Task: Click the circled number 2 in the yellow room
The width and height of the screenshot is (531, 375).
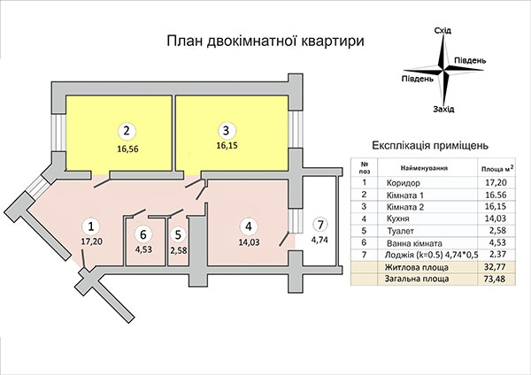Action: click(x=127, y=131)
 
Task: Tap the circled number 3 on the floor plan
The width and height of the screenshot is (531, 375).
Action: click(x=227, y=131)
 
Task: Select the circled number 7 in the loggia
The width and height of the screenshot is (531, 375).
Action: click(x=321, y=225)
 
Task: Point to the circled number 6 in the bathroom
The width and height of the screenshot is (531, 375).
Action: click(x=143, y=234)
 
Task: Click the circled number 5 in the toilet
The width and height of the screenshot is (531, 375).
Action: click(x=179, y=234)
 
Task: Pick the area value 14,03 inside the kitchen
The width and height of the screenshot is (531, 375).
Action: click(x=250, y=242)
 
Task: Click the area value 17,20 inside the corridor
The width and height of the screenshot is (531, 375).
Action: click(x=91, y=241)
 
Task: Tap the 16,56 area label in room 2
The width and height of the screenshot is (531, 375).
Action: click(x=127, y=149)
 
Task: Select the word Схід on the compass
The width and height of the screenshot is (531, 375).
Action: click(x=442, y=31)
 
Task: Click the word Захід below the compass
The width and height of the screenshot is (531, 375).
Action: click(x=443, y=110)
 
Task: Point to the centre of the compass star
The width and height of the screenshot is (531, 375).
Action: click(x=443, y=70)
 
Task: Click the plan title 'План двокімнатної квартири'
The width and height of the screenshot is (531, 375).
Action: click(x=265, y=41)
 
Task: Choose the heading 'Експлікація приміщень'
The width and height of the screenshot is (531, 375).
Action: click(x=430, y=146)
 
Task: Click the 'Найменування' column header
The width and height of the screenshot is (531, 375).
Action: click(x=424, y=168)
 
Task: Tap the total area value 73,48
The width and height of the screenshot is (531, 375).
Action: click(x=495, y=279)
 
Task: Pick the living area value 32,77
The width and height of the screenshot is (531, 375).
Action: click(x=495, y=267)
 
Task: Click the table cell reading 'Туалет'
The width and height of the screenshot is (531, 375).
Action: click(x=401, y=231)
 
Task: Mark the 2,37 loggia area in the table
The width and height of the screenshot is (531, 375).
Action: click(x=496, y=255)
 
